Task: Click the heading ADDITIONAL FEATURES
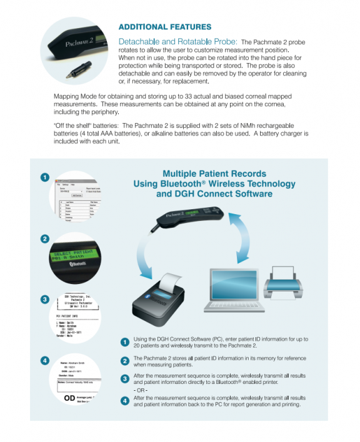click(165, 27)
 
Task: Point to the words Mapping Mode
click(74, 96)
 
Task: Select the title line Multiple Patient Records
click(214, 174)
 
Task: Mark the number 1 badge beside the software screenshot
click(45, 177)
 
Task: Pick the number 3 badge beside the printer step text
click(125, 378)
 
